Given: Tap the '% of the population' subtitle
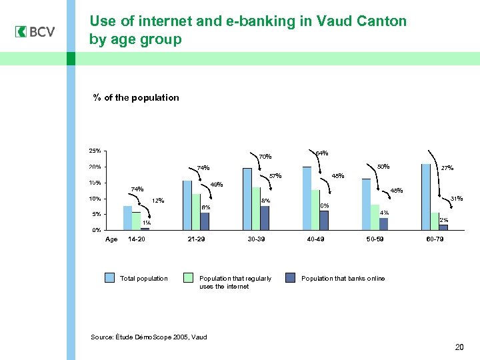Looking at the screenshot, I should (x=136, y=97).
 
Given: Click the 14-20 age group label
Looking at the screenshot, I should (x=136, y=239).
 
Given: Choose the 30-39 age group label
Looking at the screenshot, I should (x=256, y=239).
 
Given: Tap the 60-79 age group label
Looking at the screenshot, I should (x=435, y=239).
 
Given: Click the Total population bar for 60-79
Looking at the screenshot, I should (x=426, y=197).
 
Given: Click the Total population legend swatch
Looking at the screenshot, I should (x=109, y=278).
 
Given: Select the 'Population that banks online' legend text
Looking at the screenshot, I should (x=343, y=278).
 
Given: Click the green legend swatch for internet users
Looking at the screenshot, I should (x=188, y=278).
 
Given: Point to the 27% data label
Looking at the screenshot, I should (x=447, y=168).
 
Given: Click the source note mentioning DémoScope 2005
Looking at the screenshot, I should (x=149, y=337).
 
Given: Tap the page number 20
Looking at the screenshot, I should (x=458, y=347).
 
